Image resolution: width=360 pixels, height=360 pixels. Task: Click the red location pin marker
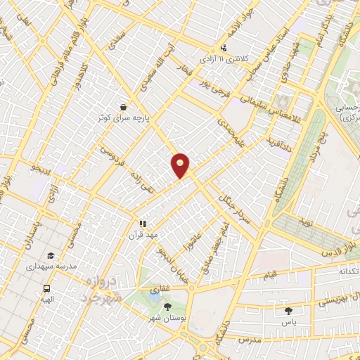coord(181,165)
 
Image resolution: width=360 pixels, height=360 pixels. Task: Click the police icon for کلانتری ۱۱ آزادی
coord(224,48)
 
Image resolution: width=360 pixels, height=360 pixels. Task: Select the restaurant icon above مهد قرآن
coord(143,223)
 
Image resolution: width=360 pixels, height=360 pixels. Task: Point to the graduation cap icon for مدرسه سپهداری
coord(50,256)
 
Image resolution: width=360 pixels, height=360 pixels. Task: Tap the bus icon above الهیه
coord(47,288)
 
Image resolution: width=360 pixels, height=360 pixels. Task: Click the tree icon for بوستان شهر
coord(167,307)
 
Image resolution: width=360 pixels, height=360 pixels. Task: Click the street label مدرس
coord(253,340)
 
